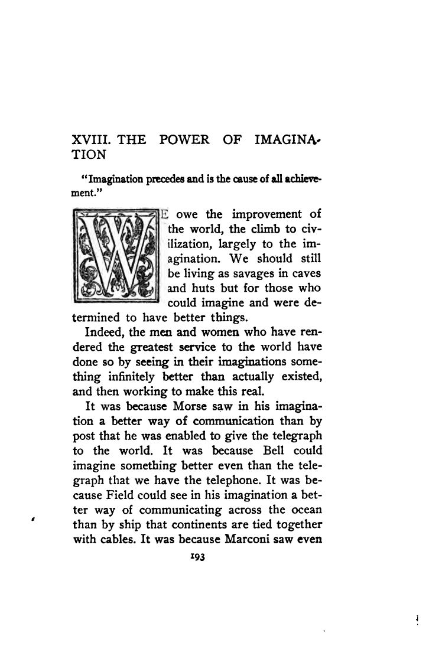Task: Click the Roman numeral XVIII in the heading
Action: pos(90,140)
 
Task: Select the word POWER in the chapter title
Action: pos(184,140)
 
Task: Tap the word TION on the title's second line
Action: pos(88,155)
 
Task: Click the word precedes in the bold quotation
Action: pos(158,181)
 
